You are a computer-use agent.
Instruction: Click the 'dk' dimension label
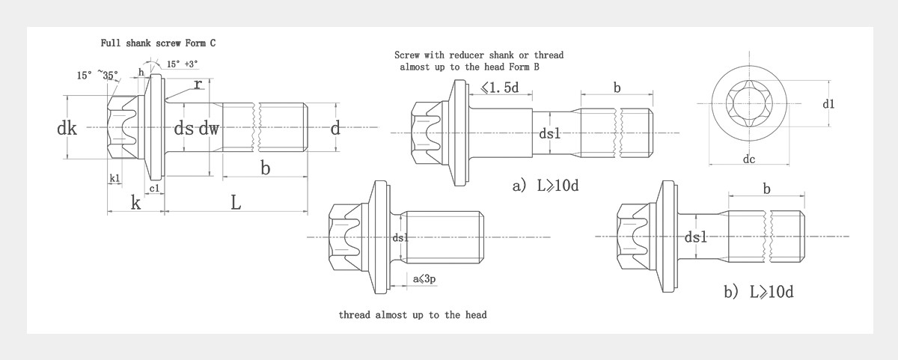click(x=67, y=129)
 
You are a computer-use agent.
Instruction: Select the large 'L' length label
click(x=235, y=202)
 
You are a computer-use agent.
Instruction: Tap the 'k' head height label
click(x=135, y=202)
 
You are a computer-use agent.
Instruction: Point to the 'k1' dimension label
click(x=114, y=178)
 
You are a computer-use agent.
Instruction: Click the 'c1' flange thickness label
click(x=154, y=188)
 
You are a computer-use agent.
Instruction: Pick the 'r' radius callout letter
click(x=197, y=85)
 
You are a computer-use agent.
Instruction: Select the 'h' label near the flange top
click(x=141, y=72)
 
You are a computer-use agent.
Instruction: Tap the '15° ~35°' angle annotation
click(x=97, y=76)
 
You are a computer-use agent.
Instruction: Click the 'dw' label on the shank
click(x=209, y=129)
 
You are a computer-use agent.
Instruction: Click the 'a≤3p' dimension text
click(x=424, y=279)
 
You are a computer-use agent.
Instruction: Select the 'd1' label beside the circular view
click(x=828, y=104)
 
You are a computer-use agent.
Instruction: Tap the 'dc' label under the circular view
click(x=749, y=159)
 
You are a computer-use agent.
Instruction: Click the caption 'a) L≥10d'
click(x=545, y=186)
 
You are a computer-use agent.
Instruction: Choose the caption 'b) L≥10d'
click(x=758, y=292)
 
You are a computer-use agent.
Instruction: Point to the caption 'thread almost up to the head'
click(x=412, y=315)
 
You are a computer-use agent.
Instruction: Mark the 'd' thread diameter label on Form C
click(x=335, y=129)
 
